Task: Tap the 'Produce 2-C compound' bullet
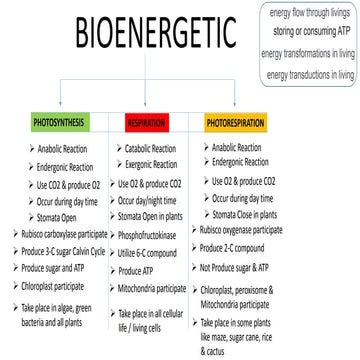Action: coord(244,247)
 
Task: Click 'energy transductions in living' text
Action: coord(311,75)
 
